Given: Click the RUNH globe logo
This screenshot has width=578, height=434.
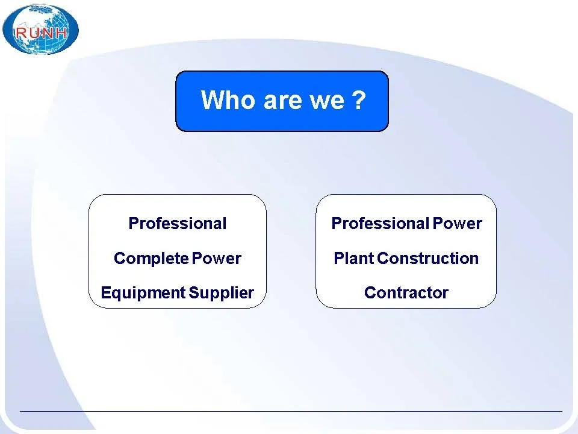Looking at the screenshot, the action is [x=40, y=30].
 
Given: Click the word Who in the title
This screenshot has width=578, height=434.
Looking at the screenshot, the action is [x=228, y=99].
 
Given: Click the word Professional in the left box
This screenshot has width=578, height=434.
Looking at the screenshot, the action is [x=177, y=223].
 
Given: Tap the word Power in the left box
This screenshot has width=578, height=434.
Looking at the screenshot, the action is [x=216, y=259].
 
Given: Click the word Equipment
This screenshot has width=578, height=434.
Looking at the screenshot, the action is [x=143, y=293].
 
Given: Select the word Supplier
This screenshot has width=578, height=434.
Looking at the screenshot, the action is [x=221, y=293].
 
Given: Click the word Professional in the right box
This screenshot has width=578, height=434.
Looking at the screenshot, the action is [x=381, y=223].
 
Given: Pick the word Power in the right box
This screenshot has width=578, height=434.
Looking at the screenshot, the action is [x=457, y=223].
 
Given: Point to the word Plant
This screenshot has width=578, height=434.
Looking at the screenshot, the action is [x=354, y=258].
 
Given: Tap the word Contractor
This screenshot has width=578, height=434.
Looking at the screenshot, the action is [x=406, y=293].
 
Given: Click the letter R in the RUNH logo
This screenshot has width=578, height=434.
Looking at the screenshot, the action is [x=20, y=33].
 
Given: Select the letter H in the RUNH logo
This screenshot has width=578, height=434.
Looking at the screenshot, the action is [x=61, y=33].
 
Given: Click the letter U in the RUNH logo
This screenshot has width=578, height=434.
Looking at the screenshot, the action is [x=34, y=33].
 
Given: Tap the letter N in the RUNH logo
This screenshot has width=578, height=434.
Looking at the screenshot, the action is [x=48, y=33].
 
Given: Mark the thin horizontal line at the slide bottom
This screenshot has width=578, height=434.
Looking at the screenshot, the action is [x=291, y=410].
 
